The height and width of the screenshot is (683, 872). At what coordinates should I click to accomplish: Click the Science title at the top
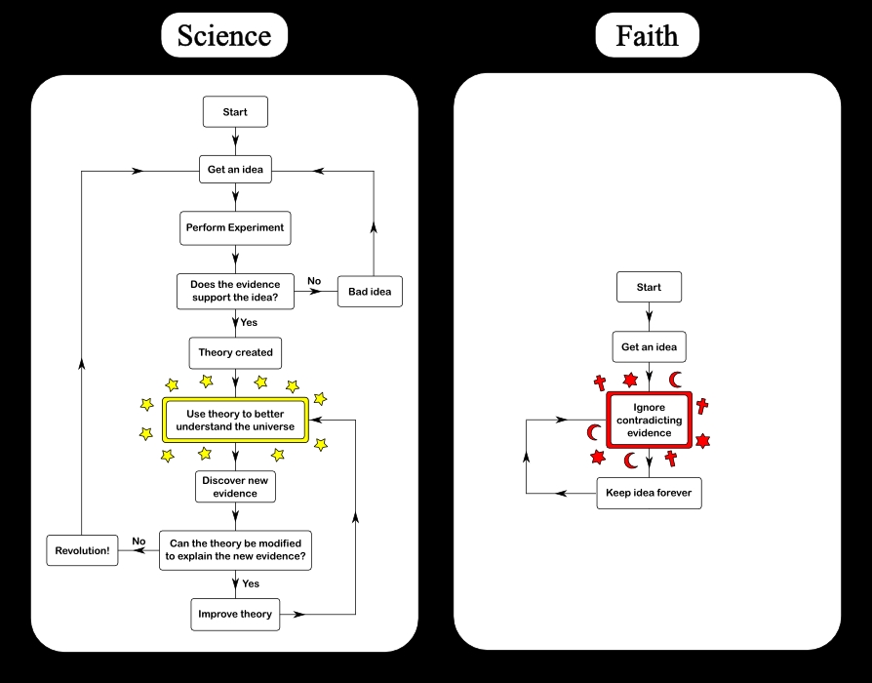coord(224,35)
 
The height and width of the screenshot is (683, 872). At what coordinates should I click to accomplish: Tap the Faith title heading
coord(647,35)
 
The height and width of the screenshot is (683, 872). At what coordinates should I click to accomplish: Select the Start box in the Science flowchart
coord(235,112)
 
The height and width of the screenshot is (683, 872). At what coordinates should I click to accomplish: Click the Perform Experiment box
coord(235,228)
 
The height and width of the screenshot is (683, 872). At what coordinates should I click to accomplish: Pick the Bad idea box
coord(370,292)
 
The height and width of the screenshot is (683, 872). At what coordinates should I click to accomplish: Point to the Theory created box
coord(235,352)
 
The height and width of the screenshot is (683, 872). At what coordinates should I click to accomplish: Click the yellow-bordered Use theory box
coord(235,421)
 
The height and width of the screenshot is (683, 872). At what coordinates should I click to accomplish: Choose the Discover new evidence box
coord(235,487)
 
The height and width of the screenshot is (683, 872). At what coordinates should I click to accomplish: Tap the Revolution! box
coord(82,550)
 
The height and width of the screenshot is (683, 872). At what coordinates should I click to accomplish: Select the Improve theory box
coord(235,615)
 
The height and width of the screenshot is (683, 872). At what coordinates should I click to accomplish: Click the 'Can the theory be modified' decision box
coord(235,550)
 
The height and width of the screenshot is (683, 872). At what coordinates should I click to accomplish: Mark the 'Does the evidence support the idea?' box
coord(235,291)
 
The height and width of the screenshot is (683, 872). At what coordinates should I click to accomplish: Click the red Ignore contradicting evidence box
coord(649,420)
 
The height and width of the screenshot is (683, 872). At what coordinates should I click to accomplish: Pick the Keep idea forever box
coord(649,493)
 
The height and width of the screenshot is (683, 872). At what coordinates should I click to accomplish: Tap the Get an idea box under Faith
coord(649,347)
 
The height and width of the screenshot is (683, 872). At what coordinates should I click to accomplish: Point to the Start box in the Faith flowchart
coord(649,287)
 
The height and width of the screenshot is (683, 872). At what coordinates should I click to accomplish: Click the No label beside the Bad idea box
coord(314,281)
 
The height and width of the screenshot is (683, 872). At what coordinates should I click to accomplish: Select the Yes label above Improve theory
coord(251,583)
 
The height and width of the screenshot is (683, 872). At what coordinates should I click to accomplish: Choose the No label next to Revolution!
coord(139,542)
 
